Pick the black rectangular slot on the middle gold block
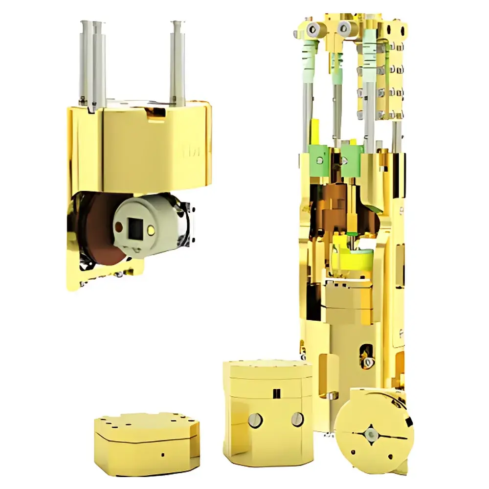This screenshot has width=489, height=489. click(277, 392)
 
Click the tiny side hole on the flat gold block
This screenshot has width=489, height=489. click(162, 454)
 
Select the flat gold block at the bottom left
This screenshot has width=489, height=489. click(147, 438)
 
